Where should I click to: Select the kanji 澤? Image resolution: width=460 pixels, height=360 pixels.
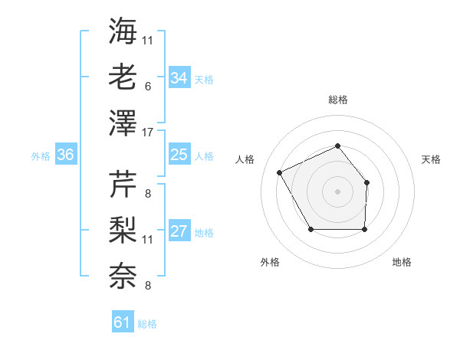pos(123,121)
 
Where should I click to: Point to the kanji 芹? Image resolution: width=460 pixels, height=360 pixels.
pos(123,183)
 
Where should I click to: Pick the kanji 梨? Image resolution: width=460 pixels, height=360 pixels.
pos(123,228)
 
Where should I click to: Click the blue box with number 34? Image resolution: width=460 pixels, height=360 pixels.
pos(179,77)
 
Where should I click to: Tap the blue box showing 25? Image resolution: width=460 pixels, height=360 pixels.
pos(179,155)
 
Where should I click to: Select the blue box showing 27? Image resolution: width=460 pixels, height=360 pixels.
pos(179,232)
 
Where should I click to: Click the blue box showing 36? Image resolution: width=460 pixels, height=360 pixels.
pos(66,155)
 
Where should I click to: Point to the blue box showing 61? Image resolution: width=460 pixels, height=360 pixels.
pos(123,322)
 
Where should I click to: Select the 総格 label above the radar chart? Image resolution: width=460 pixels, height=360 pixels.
pos(337,100)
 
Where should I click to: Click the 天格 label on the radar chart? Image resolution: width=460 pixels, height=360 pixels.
pos(432,159)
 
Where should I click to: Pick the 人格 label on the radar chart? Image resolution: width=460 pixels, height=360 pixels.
pos(245,159)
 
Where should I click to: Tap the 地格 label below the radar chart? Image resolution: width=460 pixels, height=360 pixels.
pos(402,262)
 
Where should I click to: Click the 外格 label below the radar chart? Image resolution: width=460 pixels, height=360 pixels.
pos(270,262)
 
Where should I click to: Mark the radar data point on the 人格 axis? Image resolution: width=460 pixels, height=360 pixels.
pos(280,172)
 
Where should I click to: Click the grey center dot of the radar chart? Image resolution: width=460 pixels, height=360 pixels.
pos(337,190)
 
